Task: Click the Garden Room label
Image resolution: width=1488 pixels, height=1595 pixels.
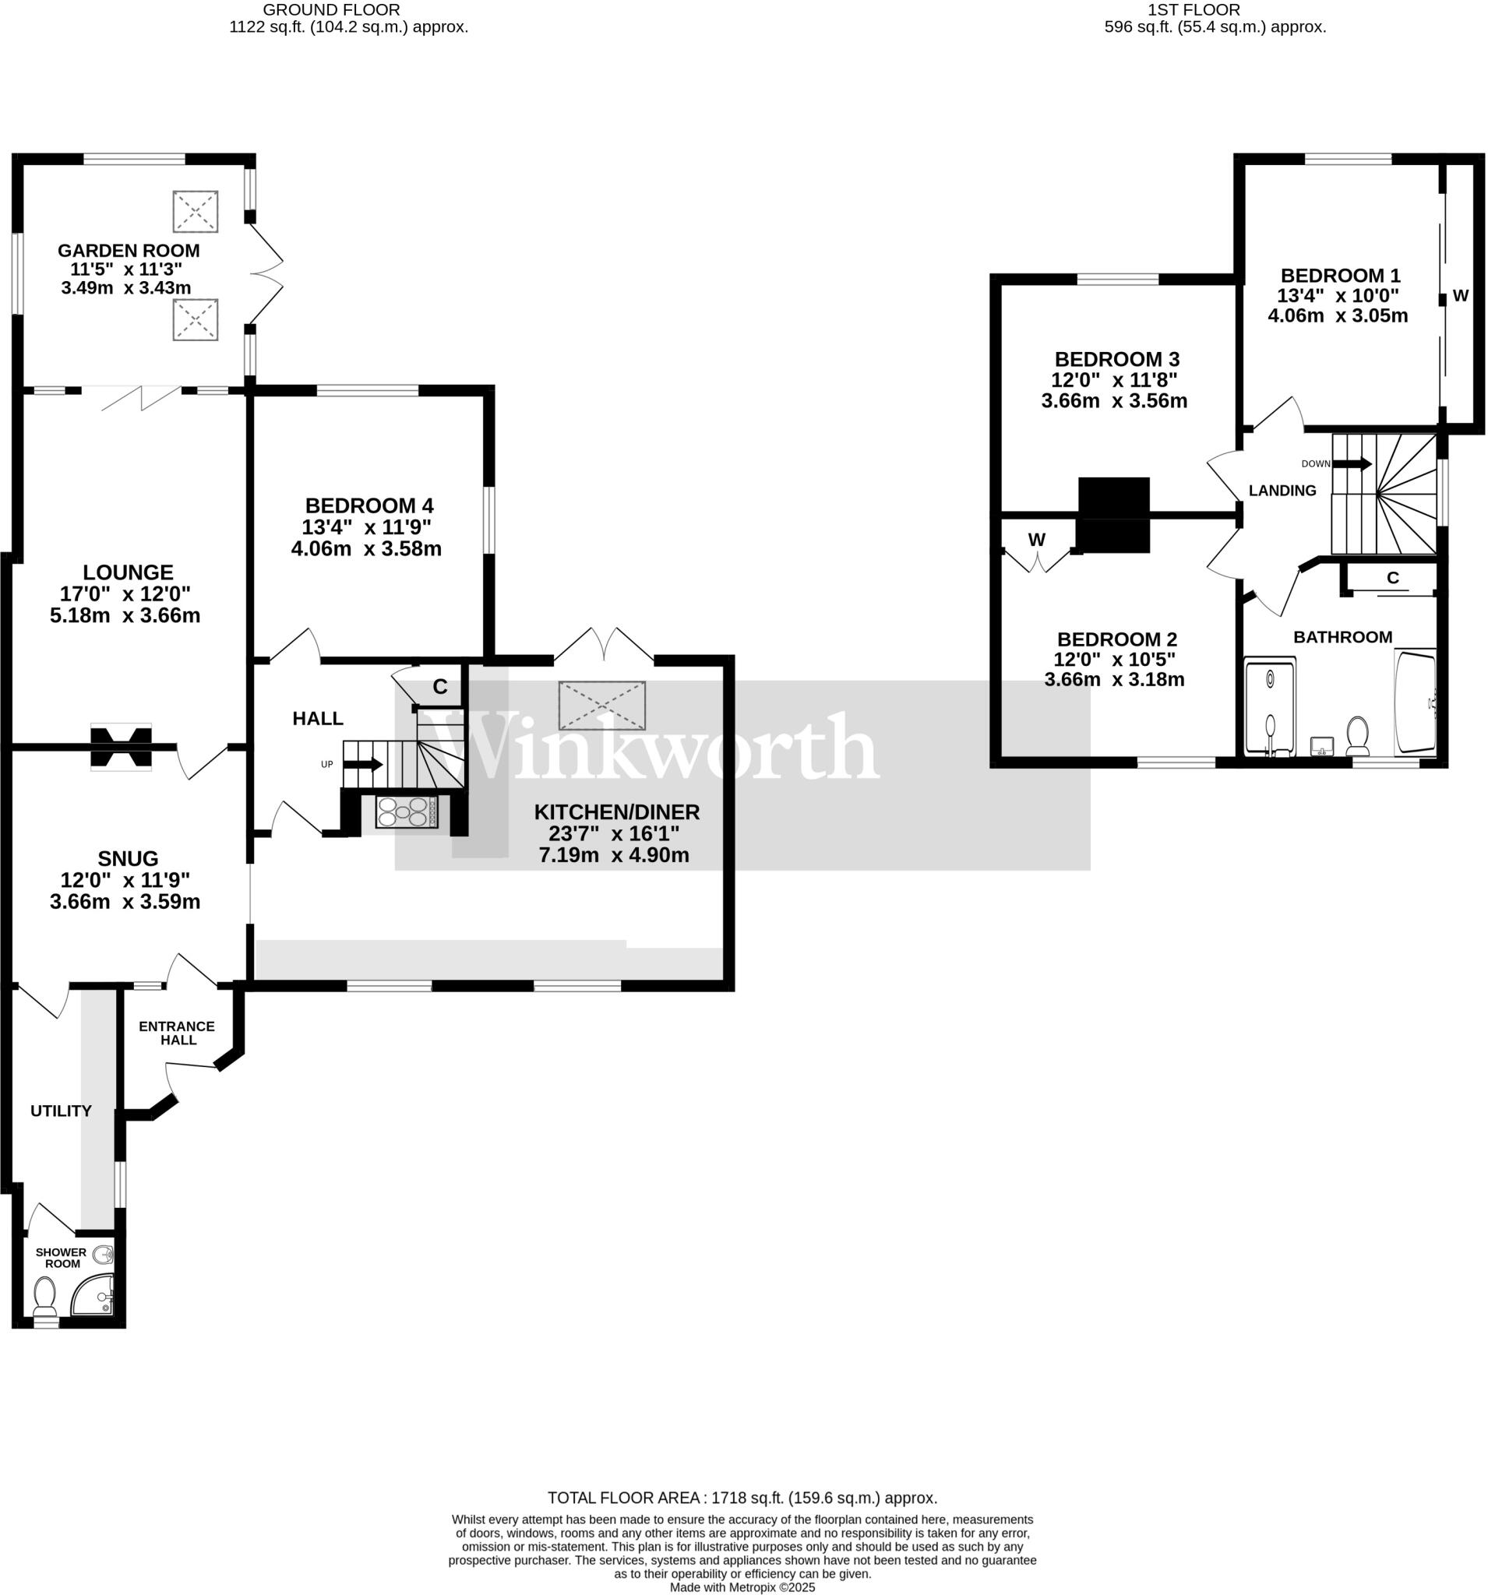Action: point(129,250)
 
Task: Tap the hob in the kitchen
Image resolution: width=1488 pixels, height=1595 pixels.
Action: point(406,812)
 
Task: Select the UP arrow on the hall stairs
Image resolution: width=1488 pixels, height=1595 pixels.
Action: point(364,764)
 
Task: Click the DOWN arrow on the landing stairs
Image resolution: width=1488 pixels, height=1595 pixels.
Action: point(1352,463)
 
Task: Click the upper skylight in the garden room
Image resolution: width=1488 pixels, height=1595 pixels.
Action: point(195,211)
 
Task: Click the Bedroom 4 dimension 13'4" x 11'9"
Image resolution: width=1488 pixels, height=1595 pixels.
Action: point(366,527)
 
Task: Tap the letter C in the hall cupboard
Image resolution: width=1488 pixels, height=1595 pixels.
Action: point(440,687)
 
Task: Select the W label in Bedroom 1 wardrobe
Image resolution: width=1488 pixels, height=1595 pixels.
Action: point(1461,295)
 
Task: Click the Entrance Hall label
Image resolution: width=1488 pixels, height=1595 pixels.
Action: point(177,1033)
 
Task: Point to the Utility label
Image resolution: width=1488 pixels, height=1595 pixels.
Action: point(61,1111)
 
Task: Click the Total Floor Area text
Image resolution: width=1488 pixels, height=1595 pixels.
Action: point(742,1497)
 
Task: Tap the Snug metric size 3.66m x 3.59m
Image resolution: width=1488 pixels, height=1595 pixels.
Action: point(125,902)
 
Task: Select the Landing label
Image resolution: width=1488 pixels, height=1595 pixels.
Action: point(1282,490)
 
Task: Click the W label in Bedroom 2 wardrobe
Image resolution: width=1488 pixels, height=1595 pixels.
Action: point(1037,540)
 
